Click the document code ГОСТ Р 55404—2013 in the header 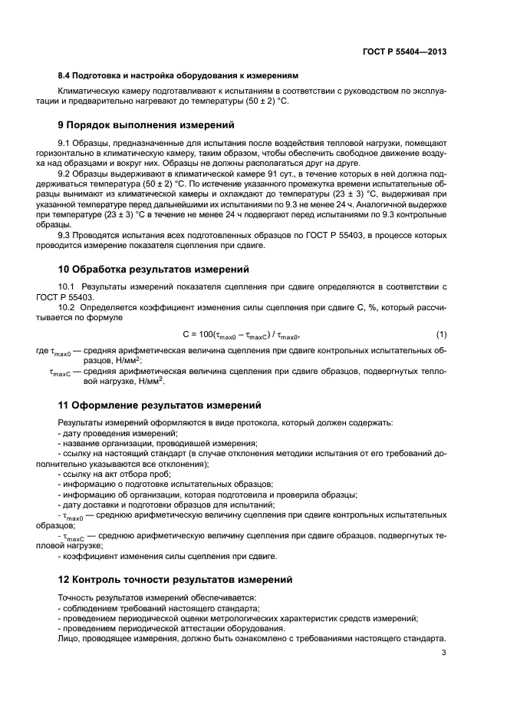[405, 52]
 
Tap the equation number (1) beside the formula [441, 335]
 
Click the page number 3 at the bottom [444, 653]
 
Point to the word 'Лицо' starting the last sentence [67, 637]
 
